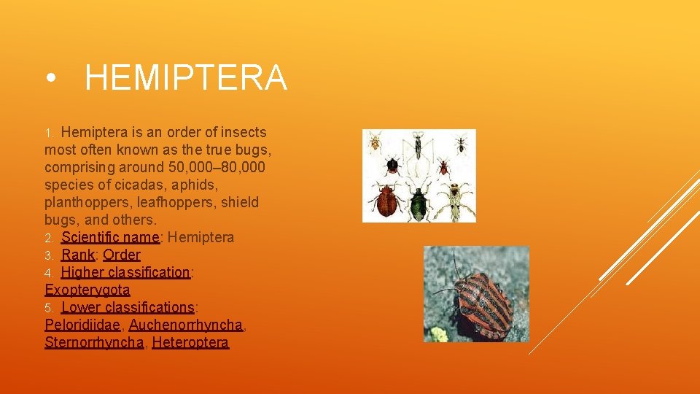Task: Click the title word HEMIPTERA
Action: [186, 78]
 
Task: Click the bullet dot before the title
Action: [50, 79]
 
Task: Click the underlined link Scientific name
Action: [110, 237]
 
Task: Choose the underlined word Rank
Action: [78, 255]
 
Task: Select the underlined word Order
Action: [122, 255]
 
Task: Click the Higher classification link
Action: [125, 272]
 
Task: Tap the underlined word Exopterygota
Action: [87, 290]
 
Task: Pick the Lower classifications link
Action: [128, 307]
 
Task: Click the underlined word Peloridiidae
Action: [82, 325]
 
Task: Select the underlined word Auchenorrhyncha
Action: [185, 325]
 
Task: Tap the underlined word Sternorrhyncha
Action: [94, 342]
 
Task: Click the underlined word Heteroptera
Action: [190, 342]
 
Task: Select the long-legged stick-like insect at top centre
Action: [419, 146]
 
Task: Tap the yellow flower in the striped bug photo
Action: [438, 334]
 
